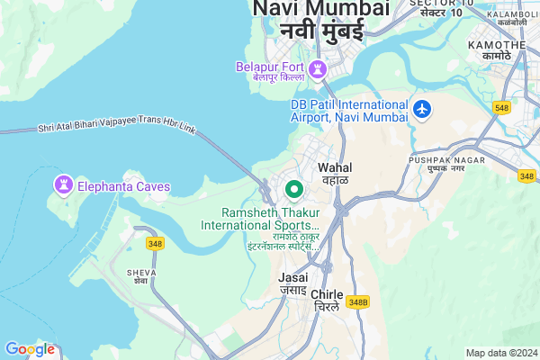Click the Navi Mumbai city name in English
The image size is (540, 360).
(x=321, y=9)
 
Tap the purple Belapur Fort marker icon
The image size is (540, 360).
(x=317, y=69)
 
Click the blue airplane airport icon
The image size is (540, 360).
(x=422, y=109)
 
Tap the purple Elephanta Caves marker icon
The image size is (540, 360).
(x=63, y=185)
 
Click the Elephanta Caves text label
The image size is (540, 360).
(x=124, y=187)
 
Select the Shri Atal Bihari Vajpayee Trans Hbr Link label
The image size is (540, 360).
(x=117, y=127)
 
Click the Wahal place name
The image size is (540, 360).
(x=336, y=167)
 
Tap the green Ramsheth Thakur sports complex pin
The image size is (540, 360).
(x=292, y=190)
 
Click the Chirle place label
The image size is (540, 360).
(x=326, y=294)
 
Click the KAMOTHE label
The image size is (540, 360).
(x=503, y=45)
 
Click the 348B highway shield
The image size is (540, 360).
(x=358, y=301)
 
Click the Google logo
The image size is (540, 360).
(x=30, y=348)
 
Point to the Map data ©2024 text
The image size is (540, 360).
(x=500, y=352)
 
